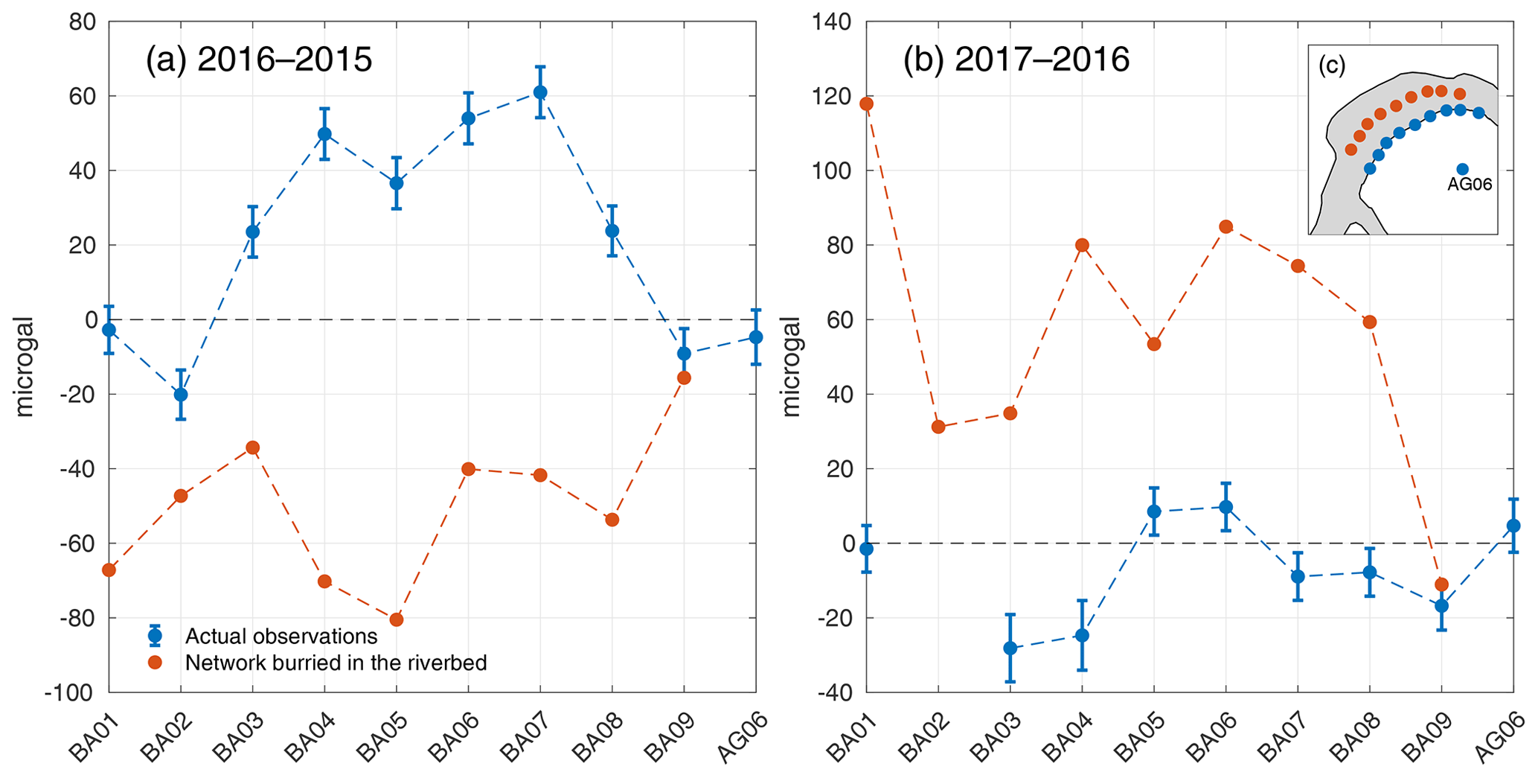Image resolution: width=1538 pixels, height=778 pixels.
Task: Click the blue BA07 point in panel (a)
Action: pos(540,92)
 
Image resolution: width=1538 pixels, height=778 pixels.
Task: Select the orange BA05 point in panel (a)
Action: pos(397,619)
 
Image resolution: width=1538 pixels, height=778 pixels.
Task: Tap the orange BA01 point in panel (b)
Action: pos(866,104)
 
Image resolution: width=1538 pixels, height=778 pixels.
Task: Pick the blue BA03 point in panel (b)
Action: pos(1010,648)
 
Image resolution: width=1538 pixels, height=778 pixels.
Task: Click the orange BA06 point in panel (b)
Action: pos(1226,226)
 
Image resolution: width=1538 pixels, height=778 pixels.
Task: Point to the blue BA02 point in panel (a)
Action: pos(181,395)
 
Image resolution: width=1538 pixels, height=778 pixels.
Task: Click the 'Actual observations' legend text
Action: pos(281,637)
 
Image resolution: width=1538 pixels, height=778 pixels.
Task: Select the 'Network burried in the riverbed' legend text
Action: pos(336,663)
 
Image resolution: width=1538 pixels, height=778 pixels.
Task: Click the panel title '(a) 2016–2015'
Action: pos(258,60)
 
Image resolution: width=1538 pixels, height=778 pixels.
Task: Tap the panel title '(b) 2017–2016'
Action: pos(1016,60)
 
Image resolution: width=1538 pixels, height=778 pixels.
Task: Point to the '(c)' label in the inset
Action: pos(1332,66)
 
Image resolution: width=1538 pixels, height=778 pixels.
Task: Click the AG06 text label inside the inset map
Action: pos(1470,185)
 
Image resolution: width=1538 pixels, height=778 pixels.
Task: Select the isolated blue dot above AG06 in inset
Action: pos(1462,170)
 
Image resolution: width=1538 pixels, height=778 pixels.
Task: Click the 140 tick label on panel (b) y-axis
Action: pos(836,22)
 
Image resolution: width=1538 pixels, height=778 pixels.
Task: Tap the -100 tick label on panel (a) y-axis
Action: pos(71,693)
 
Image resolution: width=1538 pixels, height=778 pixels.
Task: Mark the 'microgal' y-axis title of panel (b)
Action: pos(792,366)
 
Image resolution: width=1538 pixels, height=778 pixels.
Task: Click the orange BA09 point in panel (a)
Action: pos(684,378)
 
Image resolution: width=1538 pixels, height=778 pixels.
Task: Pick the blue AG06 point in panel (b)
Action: pos(1513,526)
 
